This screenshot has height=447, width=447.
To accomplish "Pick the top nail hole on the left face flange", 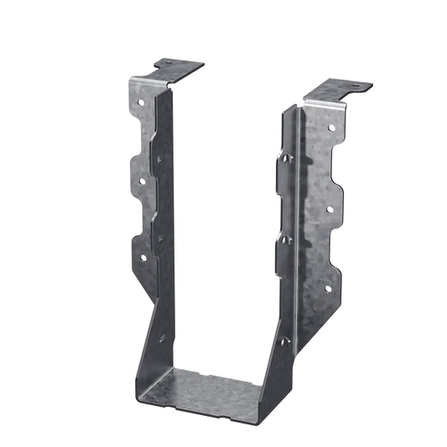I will (x=142, y=102).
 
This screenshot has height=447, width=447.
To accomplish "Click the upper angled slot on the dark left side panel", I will (x=159, y=155).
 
